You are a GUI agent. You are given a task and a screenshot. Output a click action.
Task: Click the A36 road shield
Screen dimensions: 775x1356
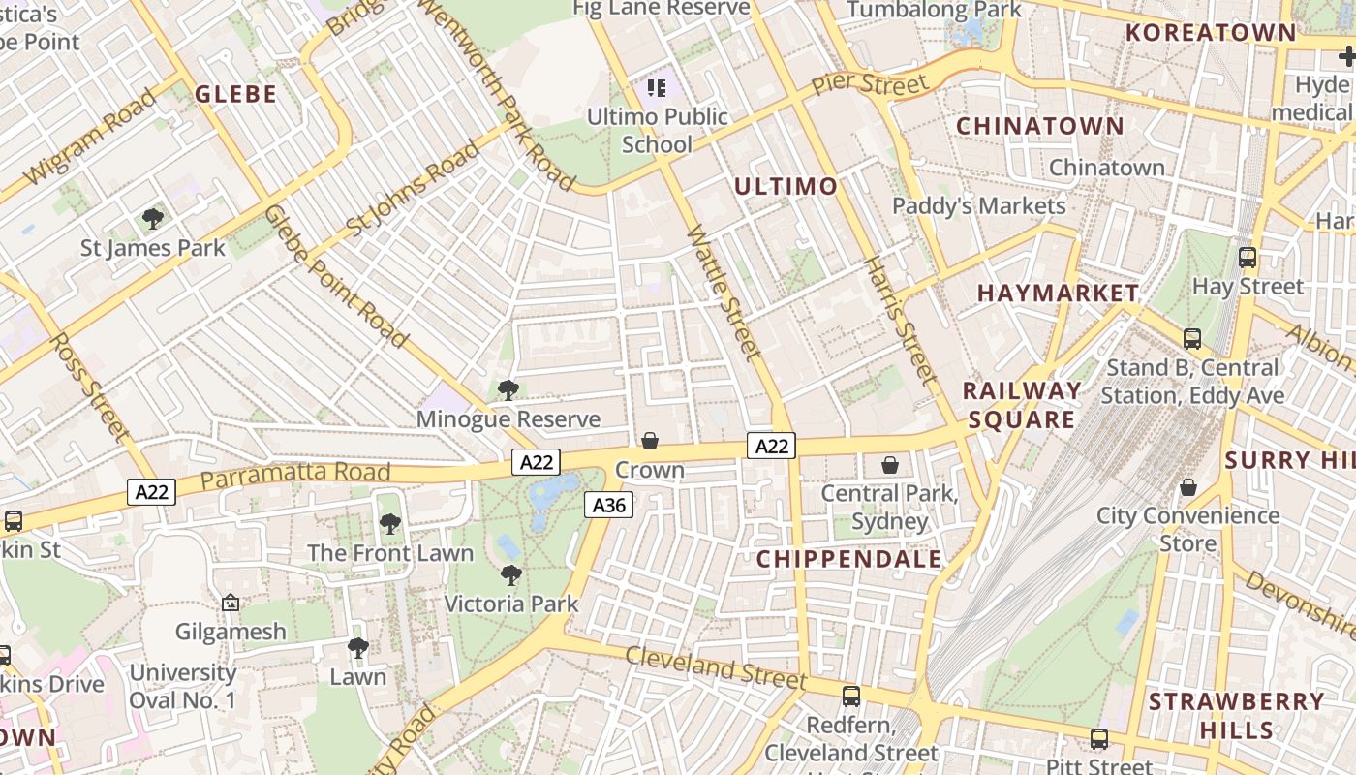(x=608, y=505)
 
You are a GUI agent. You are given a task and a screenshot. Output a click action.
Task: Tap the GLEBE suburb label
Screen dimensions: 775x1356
(x=236, y=94)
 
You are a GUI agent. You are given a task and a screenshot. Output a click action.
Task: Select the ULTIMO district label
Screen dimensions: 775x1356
(x=786, y=186)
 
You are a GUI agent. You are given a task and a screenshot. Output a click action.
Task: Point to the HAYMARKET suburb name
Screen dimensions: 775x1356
(x=1058, y=293)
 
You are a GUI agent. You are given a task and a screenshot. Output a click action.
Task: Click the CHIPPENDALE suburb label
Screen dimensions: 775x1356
(x=848, y=559)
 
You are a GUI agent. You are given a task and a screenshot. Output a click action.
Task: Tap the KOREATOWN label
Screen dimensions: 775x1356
(x=1210, y=32)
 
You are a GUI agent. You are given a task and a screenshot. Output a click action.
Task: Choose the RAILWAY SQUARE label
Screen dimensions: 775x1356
(x=1022, y=405)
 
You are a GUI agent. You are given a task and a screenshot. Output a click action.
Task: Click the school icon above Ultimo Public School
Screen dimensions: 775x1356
(x=657, y=89)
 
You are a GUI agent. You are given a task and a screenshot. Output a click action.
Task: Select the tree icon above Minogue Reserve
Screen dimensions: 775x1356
(x=508, y=390)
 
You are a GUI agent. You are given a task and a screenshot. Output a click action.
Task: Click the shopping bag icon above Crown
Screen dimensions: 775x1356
(x=650, y=441)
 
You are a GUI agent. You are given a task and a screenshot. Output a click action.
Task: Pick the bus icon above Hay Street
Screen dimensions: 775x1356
(x=1248, y=258)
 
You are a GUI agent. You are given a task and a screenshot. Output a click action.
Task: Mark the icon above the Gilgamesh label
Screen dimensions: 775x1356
(x=231, y=603)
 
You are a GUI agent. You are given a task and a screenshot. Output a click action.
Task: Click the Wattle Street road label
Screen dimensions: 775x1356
(x=724, y=293)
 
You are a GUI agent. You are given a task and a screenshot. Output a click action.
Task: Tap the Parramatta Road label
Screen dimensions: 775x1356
(x=295, y=475)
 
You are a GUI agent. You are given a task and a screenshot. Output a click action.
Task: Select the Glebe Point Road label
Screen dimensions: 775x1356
(x=335, y=276)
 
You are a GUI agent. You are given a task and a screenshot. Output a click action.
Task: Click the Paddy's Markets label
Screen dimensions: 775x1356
(x=978, y=205)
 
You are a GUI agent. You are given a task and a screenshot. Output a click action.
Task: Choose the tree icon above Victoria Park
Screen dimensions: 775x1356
(x=510, y=575)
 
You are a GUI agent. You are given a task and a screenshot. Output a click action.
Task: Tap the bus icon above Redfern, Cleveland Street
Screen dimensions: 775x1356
(x=850, y=696)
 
